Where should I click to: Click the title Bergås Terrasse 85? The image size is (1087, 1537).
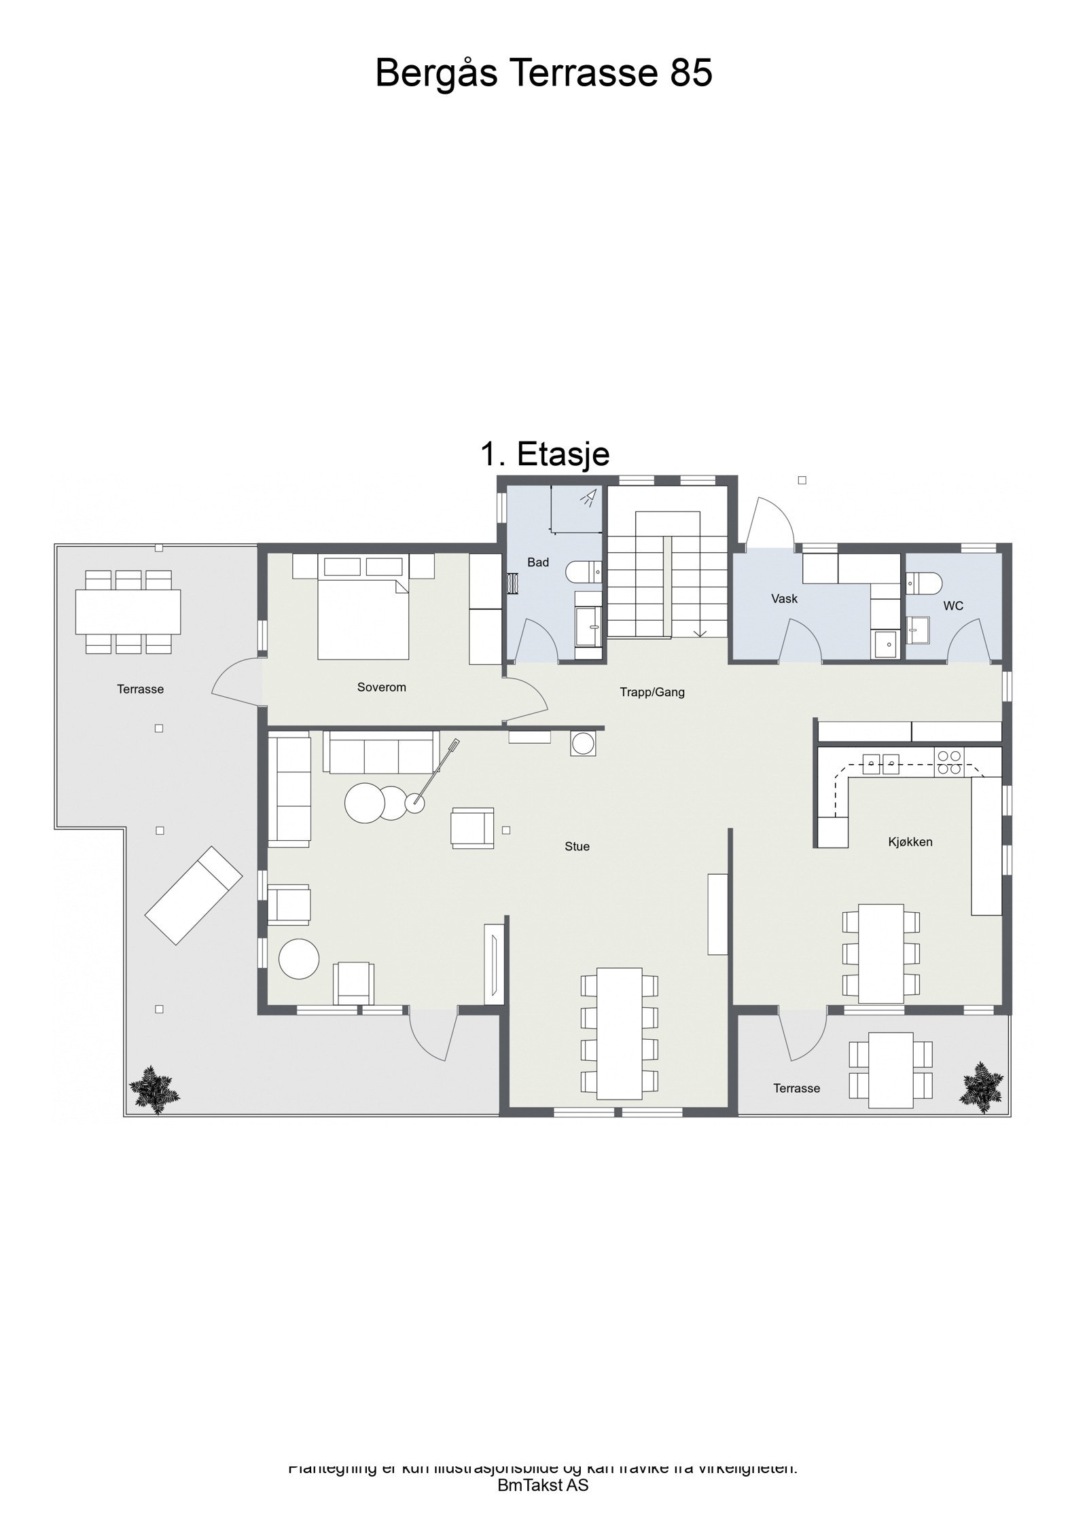click(543, 73)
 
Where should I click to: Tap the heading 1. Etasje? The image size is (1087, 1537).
click(545, 454)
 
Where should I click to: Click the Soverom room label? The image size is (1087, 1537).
click(381, 687)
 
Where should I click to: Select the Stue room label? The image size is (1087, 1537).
click(577, 846)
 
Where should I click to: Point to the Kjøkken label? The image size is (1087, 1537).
click(910, 842)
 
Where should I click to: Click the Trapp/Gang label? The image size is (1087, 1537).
click(652, 693)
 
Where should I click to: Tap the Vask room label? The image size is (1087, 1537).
click(784, 599)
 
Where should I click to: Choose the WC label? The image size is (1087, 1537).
click(952, 606)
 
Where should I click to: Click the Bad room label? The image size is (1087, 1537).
click(537, 562)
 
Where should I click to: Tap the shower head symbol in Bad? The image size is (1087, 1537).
click(588, 498)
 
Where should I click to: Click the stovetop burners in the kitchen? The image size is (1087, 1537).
click(948, 763)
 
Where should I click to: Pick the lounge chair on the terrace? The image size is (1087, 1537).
click(194, 895)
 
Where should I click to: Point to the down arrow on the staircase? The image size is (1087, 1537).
click(700, 631)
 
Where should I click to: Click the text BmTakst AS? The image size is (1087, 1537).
click(543, 1485)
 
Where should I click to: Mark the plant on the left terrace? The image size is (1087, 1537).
click(154, 1089)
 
